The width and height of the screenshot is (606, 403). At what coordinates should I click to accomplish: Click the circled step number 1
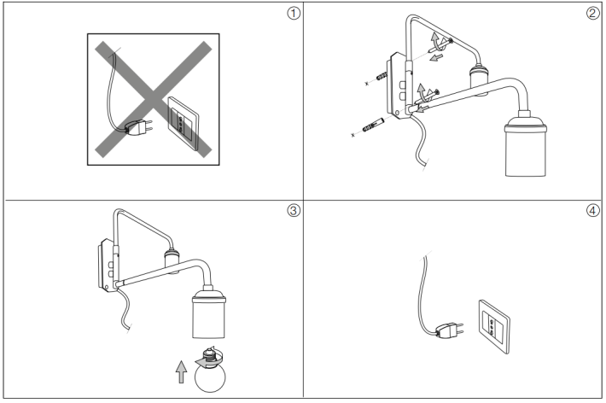click(294, 14)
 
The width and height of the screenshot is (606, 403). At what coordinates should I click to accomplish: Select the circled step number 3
click(294, 212)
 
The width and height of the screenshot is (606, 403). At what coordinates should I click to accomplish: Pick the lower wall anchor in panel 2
click(372, 128)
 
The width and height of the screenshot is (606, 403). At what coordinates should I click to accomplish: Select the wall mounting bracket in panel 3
click(108, 266)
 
